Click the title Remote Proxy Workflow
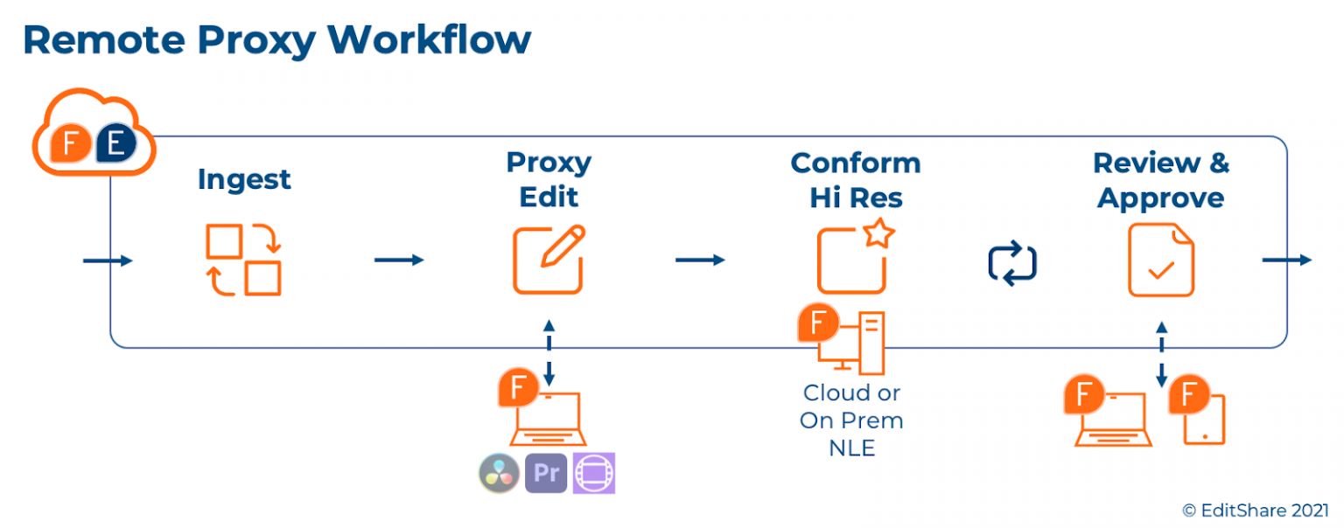point(276,40)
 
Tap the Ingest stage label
point(244,179)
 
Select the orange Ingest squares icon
point(243,260)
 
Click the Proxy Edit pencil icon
point(549,260)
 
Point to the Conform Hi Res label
point(855,180)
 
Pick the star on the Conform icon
point(877,234)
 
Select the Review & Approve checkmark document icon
point(1160,260)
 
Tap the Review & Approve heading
point(1160,180)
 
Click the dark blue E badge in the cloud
point(115,145)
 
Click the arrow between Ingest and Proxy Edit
point(399,260)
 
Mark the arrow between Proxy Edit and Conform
point(700,260)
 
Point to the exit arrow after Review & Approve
point(1286,260)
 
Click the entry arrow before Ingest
point(108,261)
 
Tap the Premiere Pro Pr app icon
point(546,473)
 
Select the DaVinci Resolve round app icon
point(500,473)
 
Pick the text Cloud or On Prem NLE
point(851,420)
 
